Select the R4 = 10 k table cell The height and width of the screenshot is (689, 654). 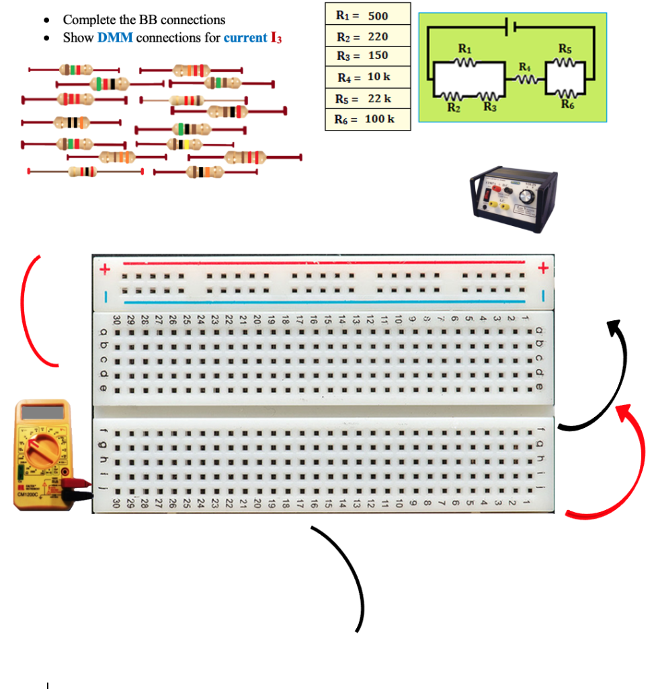coord(367,77)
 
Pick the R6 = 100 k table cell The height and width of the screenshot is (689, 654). coord(367,119)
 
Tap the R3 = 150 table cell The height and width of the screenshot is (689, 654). coord(367,56)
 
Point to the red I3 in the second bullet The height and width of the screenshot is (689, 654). coord(276,38)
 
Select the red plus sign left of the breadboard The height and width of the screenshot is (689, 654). coord(104,270)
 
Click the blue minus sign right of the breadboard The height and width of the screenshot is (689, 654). coord(544,295)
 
